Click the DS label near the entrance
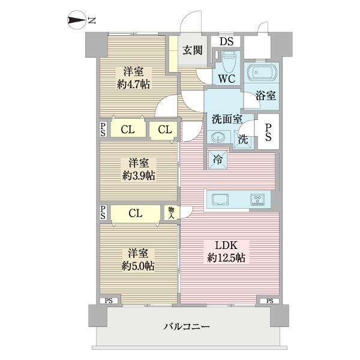point(226,41)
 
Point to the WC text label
point(226,79)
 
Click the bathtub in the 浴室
point(261,74)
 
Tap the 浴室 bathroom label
point(266,95)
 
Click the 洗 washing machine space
point(242,139)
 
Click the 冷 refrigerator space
point(217,160)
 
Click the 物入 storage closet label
point(172,212)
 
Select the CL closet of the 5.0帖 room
point(136,213)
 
